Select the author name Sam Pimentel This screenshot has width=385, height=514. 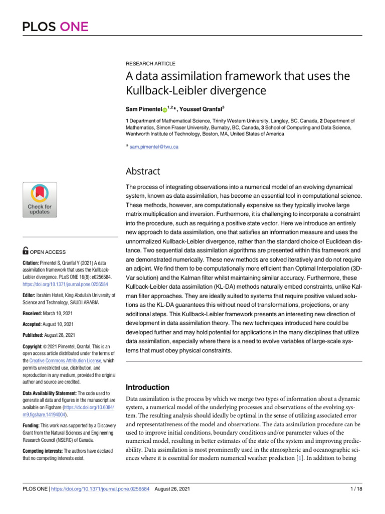pyautogui.click(x=142, y=109)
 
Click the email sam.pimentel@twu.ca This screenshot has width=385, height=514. pyautogui.click(x=154, y=147)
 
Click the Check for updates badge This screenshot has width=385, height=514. pyautogui.click(x=40, y=200)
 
